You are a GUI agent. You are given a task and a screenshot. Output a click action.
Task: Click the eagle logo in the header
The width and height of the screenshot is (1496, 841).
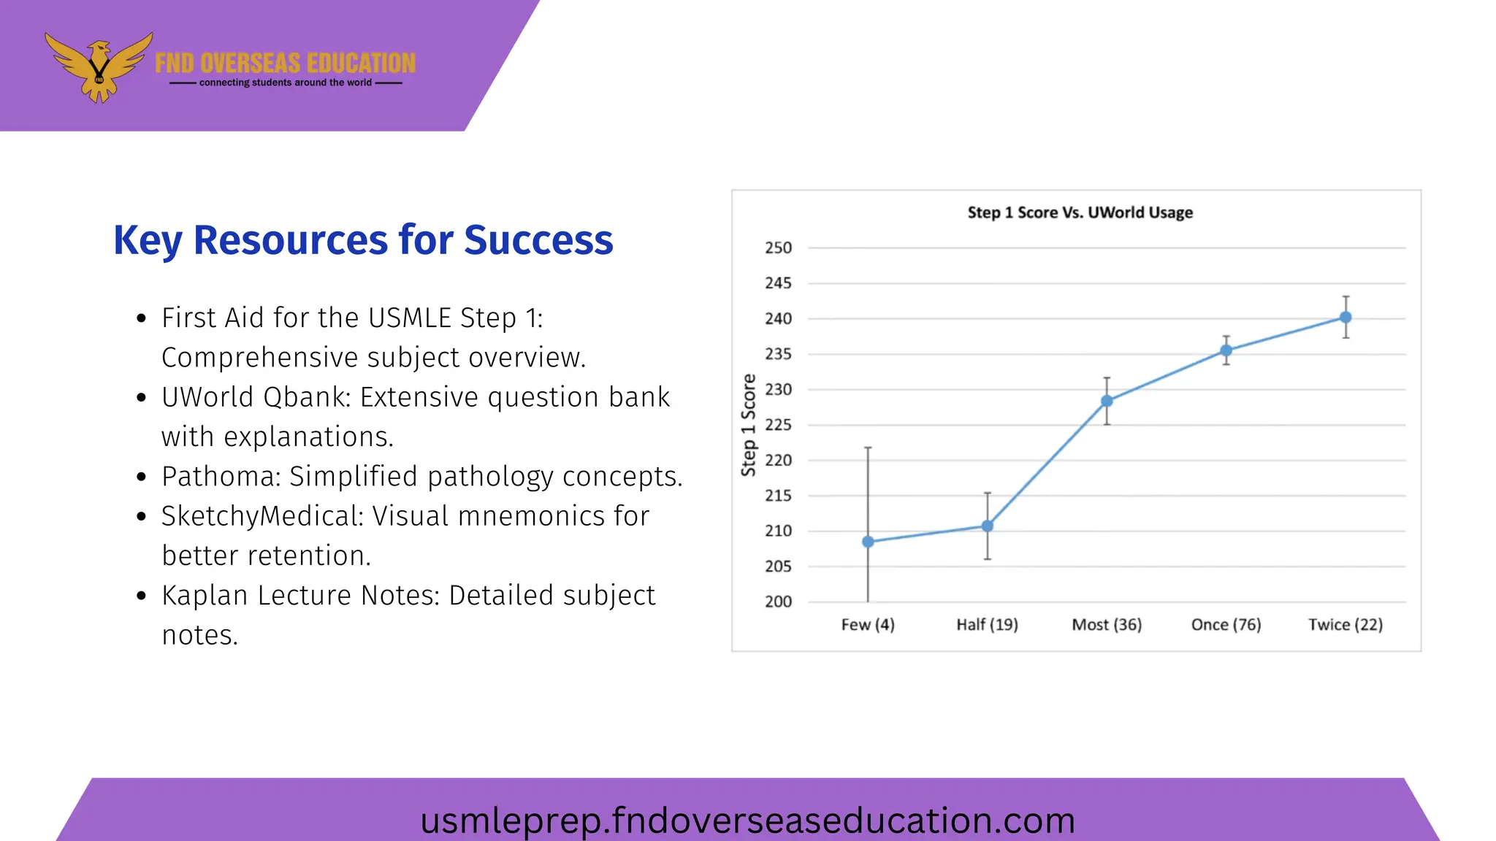(99, 67)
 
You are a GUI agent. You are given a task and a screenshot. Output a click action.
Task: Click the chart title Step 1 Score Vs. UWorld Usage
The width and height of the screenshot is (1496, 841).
(1080, 212)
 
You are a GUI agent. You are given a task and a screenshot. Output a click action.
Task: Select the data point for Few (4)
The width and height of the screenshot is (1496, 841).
(868, 542)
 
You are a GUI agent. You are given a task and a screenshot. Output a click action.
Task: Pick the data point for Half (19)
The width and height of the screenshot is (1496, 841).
(987, 526)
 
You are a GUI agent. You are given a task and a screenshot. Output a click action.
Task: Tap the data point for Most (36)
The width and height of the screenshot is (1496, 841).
(1107, 401)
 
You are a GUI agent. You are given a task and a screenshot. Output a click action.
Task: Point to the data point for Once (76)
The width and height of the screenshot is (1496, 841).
(1226, 350)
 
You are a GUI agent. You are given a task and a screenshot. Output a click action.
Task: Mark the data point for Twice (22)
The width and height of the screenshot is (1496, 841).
(1346, 317)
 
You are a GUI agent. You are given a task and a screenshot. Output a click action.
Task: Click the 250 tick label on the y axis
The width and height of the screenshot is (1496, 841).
(778, 248)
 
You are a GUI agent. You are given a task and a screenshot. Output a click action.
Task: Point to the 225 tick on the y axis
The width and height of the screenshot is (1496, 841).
(778, 425)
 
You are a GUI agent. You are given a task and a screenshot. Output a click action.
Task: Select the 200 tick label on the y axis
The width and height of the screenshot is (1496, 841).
(778, 602)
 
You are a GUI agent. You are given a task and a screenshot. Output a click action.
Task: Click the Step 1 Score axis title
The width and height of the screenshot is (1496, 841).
(749, 425)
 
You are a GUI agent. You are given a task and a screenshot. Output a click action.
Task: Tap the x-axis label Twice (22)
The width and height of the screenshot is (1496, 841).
(1346, 625)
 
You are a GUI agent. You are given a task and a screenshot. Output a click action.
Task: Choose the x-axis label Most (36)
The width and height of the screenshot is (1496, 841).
(1107, 625)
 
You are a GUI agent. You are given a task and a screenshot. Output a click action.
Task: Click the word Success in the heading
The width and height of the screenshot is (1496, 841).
(538, 240)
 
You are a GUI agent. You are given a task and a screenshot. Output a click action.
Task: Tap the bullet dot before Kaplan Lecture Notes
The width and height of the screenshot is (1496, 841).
(142, 596)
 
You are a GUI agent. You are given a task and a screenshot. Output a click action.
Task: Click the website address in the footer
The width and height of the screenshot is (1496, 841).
(747, 820)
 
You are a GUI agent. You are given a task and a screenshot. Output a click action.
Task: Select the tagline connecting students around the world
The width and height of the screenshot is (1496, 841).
(286, 82)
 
